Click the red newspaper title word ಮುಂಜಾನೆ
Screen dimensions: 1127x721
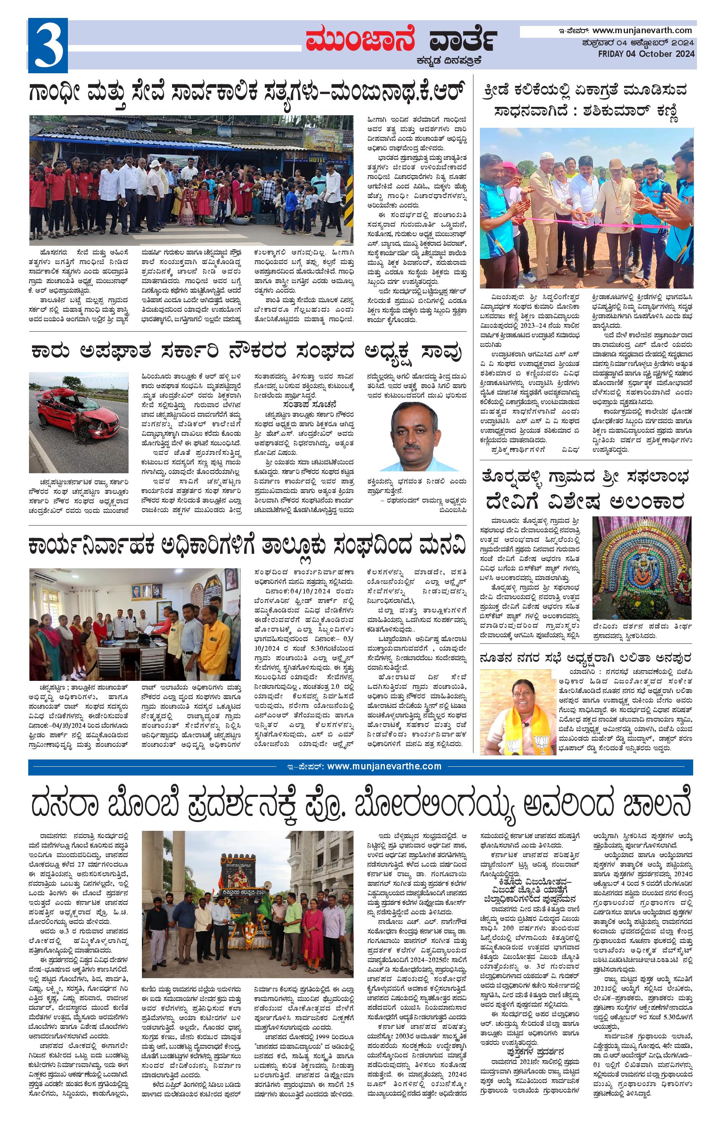[361, 40]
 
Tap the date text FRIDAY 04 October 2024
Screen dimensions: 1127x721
[646, 54]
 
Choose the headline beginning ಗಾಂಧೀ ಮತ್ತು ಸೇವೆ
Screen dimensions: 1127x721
[248, 91]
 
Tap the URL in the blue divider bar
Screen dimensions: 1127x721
[384, 766]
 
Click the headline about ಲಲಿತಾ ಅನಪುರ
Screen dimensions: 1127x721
[585, 658]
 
